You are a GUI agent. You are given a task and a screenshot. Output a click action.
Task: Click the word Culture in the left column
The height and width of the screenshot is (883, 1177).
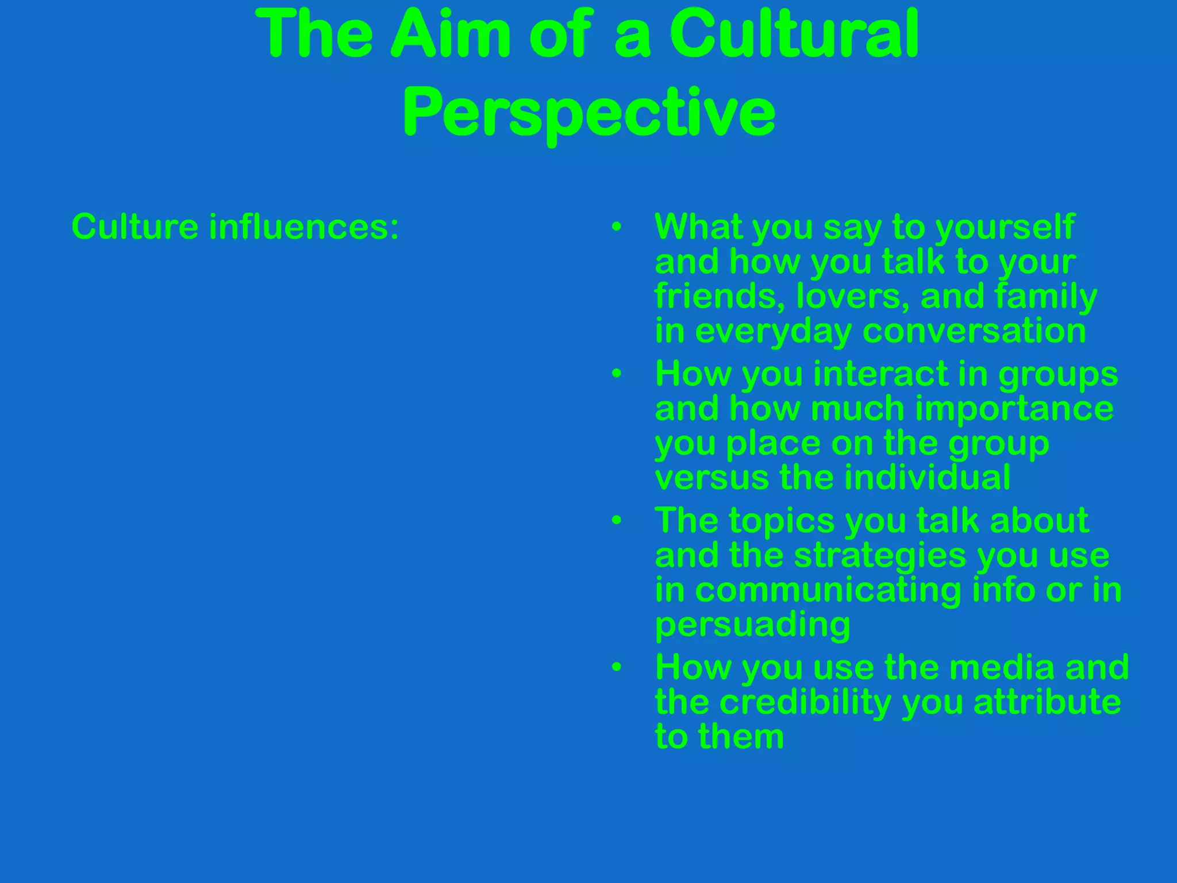134,226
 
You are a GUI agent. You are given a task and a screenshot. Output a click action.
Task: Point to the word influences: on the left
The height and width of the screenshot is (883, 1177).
303,226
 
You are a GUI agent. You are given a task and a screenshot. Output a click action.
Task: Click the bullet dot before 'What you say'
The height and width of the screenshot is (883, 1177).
617,227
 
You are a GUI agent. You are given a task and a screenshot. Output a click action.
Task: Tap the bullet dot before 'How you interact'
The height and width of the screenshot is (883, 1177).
617,374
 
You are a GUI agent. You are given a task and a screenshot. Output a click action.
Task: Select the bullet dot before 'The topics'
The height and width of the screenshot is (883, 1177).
617,521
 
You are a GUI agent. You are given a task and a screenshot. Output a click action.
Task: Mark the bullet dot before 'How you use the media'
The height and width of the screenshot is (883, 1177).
617,667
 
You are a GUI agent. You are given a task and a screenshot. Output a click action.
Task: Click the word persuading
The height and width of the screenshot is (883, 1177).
752,625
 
